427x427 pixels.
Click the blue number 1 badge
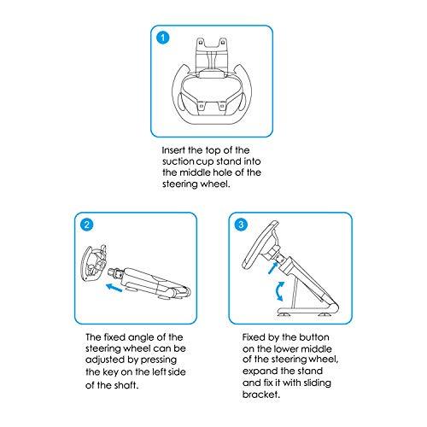163,38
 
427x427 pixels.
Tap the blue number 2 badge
87,225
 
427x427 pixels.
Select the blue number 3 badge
241,225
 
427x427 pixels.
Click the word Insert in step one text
173,150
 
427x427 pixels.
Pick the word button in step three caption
314,337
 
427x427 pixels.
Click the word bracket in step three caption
261,395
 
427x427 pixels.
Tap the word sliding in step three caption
317,383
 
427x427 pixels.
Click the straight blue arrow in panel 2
114,288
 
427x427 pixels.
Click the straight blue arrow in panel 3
273,268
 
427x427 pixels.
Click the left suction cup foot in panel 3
284,314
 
